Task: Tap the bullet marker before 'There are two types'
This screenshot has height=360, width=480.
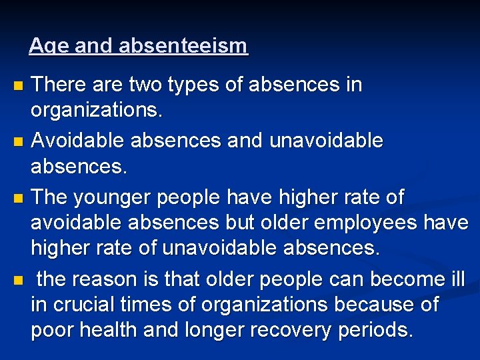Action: tap(18, 86)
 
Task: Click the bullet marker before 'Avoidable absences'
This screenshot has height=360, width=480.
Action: tap(18, 142)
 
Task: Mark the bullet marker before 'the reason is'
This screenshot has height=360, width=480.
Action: tap(18, 279)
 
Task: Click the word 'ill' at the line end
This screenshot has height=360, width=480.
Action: tap(457, 278)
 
